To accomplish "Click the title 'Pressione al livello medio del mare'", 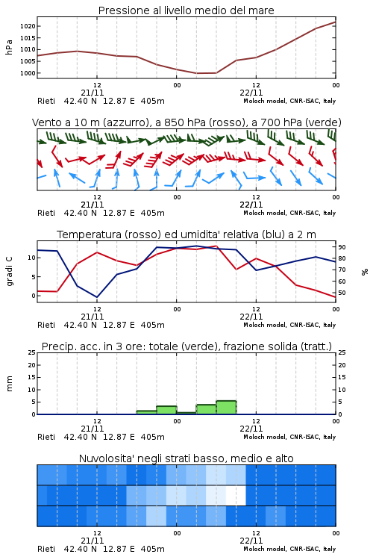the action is pyautogui.click(x=186, y=10).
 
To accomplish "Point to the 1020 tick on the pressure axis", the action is pyautogui.click(x=28, y=26).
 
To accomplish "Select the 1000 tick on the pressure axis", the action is pyautogui.click(x=28, y=73).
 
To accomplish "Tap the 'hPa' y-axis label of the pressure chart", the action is pyautogui.click(x=9, y=47).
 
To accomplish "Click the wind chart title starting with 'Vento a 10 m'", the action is pyautogui.click(x=186, y=122).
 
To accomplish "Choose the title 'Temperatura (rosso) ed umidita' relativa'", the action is pyautogui.click(x=186, y=234).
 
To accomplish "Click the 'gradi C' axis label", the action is pyautogui.click(x=9, y=271).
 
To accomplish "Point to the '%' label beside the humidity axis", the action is pyautogui.click(x=365, y=272).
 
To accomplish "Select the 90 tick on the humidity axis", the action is pyautogui.click(x=342, y=247).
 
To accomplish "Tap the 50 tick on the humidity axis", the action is pyautogui.click(x=342, y=293).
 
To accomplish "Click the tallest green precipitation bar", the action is pyautogui.click(x=226, y=408).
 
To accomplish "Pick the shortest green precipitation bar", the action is pyautogui.click(x=186, y=413).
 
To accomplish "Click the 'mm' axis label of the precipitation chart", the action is pyautogui.click(x=9, y=383).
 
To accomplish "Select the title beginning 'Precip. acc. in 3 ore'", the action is pyautogui.click(x=186, y=346).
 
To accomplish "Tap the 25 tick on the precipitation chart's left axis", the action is pyautogui.click(x=32, y=352).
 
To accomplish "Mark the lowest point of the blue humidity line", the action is pyautogui.click(x=97, y=297).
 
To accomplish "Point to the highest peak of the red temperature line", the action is pyautogui.click(x=216, y=246).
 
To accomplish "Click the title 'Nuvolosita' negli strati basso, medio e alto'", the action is pyautogui.click(x=186, y=458).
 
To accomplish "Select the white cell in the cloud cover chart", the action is pyautogui.click(x=236, y=495).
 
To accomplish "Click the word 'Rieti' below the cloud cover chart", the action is pyautogui.click(x=46, y=549).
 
